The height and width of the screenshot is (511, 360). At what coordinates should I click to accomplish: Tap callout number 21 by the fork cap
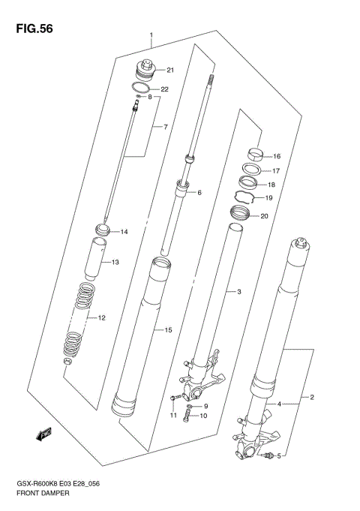pos(169,71)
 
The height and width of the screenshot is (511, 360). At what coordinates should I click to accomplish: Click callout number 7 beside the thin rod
pos(166,127)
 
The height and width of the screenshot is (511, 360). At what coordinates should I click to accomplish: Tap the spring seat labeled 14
pos(104,230)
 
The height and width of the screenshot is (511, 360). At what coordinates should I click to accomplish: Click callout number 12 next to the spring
pos(101,318)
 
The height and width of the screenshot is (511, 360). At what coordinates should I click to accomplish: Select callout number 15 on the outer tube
pos(168,329)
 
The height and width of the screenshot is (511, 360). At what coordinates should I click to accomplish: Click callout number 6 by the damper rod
pos(199,193)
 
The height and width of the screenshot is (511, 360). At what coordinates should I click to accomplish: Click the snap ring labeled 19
pos(245,198)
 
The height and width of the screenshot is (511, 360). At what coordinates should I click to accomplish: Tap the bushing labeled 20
pos(239,217)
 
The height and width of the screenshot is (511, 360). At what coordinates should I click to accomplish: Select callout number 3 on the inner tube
pos(238,291)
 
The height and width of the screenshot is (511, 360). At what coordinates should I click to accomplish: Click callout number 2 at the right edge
pos(313,397)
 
